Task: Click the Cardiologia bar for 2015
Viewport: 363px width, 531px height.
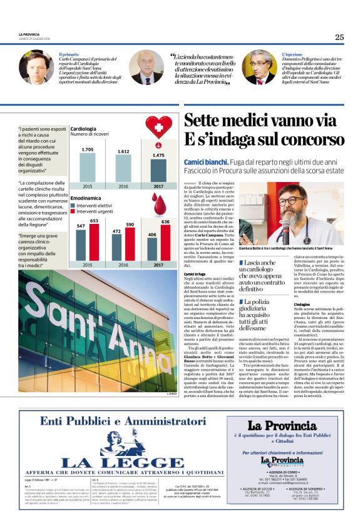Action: pos(87,167)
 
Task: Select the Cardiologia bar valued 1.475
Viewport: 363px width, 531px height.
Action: pos(158,169)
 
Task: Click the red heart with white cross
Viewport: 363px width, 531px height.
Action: pos(158,128)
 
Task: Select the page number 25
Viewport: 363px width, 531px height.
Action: pos(339,37)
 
